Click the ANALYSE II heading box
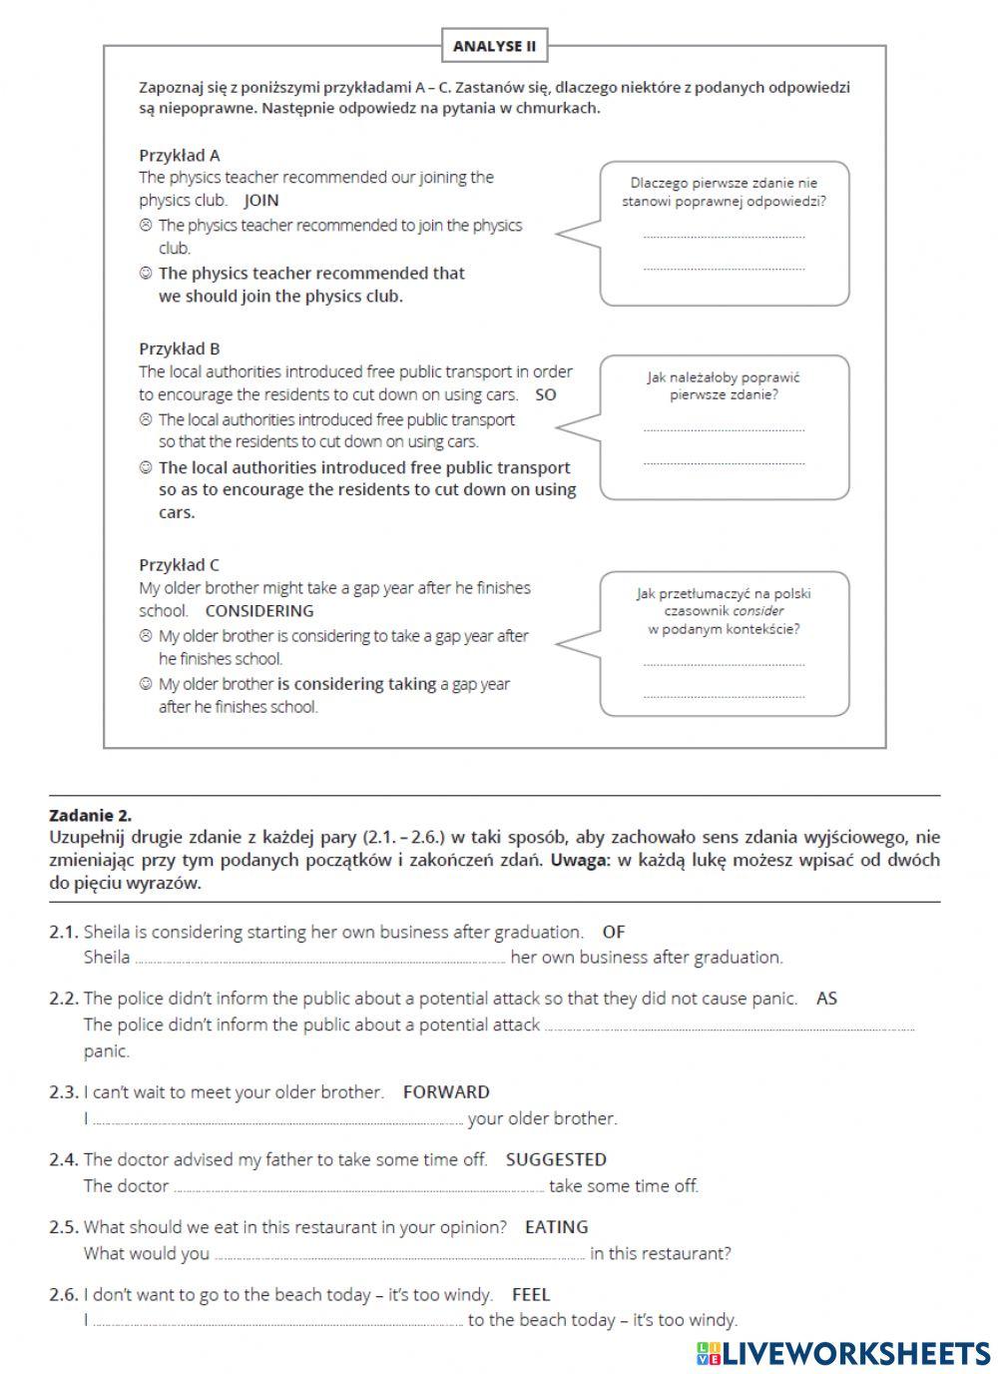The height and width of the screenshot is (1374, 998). pyautogui.click(x=494, y=46)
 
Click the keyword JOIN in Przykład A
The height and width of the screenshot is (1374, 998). pyautogui.click(x=261, y=200)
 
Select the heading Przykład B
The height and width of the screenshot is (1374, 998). pyautogui.click(x=180, y=348)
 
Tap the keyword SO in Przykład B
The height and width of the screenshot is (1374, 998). pyautogui.click(x=546, y=394)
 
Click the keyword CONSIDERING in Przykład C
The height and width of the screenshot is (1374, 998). pyautogui.click(x=259, y=611)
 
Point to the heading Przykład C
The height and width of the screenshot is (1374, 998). pyautogui.click(x=180, y=565)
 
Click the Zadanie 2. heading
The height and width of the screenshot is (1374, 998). pyautogui.click(x=90, y=815)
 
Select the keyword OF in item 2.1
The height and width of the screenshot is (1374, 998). pyautogui.click(x=614, y=932)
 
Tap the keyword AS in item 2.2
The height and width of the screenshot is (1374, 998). pyautogui.click(x=826, y=998)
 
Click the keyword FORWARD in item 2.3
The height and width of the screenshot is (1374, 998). pyautogui.click(x=446, y=1091)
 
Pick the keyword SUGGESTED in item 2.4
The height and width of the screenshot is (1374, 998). pyautogui.click(x=556, y=1159)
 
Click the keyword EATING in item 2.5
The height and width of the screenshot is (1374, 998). pyautogui.click(x=557, y=1226)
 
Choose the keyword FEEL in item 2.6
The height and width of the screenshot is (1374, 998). pyautogui.click(x=531, y=1294)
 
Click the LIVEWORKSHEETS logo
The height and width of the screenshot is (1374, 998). pyautogui.click(x=843, y=1353)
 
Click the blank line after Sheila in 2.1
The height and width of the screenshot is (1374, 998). pyautogui.click(x=319, y=960)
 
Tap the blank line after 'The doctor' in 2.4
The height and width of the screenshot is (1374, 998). pyautogui.click(x=358, y=1188)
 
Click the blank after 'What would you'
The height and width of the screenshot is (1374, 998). pyautogui.click(x=399, y=1255)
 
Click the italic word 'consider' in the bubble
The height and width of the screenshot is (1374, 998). pyautogui.click(x=758, y=611)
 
